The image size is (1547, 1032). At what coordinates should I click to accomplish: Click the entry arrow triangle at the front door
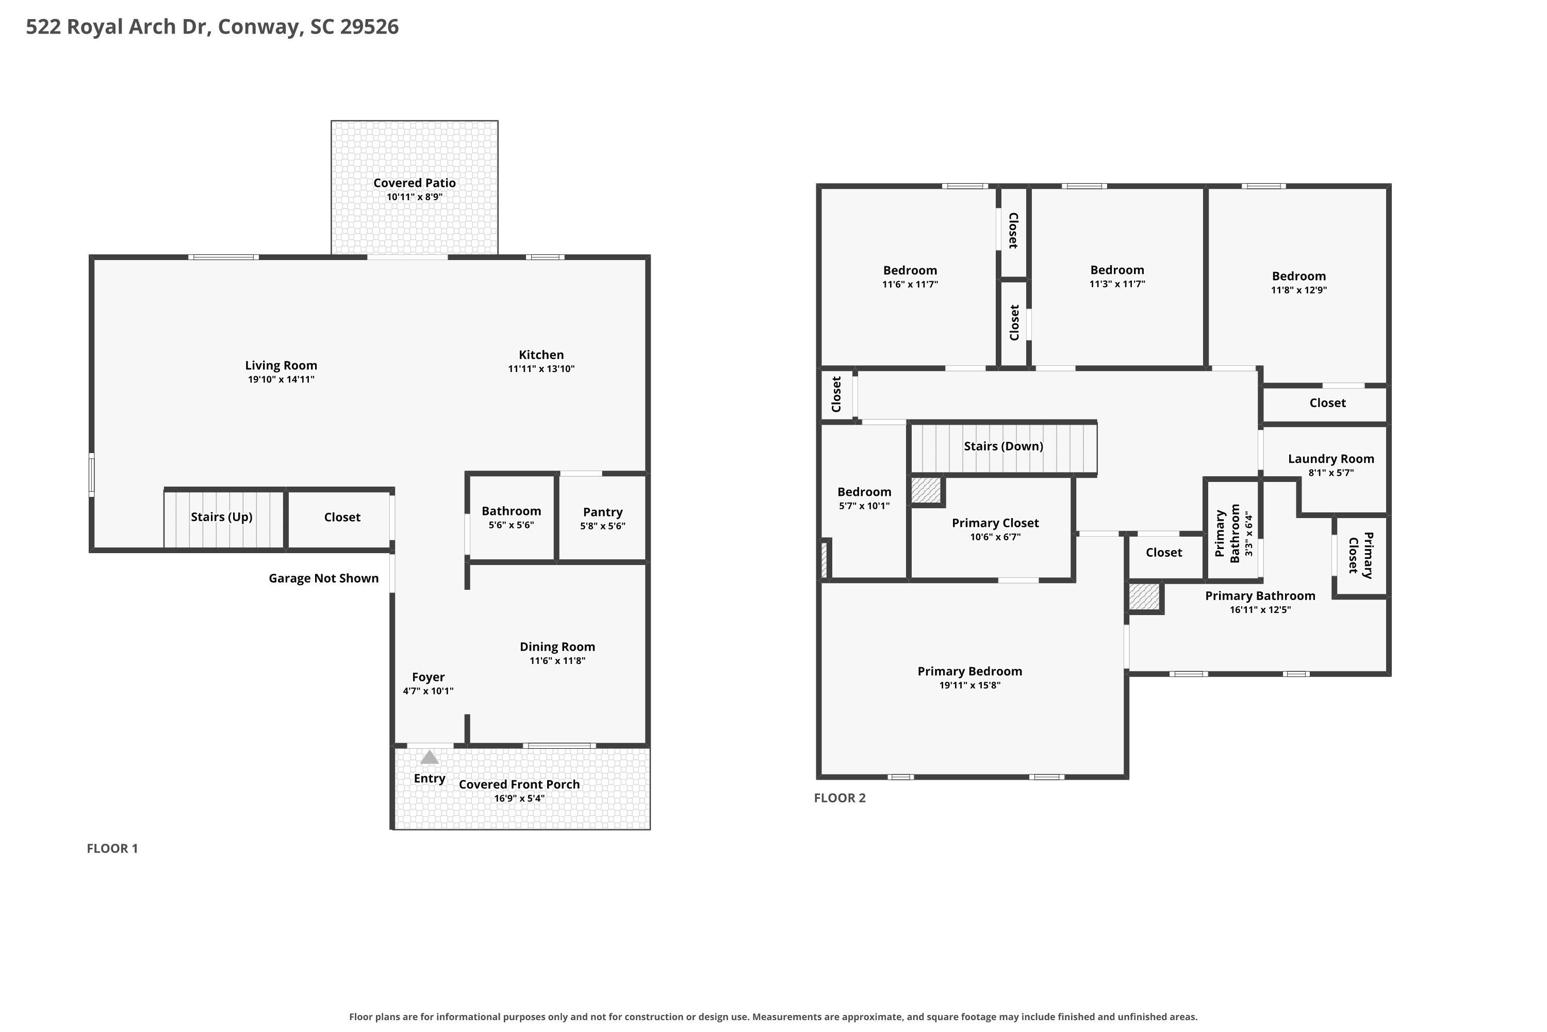tap(430, 757)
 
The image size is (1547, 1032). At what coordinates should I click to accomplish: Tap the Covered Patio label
tap(415, 183)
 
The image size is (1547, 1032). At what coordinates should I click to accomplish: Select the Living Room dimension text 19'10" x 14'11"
tap(281, 380)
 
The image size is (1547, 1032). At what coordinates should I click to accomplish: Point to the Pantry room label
tap(602, 512)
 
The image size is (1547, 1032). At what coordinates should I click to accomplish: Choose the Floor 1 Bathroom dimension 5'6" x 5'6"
tap(511, 525)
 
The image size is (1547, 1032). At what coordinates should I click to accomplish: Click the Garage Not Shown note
tap(324, 578)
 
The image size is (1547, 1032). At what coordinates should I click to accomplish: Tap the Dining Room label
tap(557, 647)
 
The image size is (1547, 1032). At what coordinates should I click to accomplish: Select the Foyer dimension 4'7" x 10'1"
tap(428, 691)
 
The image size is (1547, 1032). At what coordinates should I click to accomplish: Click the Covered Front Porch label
tap(519, 784)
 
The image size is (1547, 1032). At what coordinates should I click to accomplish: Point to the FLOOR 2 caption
tap(840, 798)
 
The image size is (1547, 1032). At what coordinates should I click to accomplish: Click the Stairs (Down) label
tap(1003, 446)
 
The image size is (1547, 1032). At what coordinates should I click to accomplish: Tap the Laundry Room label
tap(1330, 459)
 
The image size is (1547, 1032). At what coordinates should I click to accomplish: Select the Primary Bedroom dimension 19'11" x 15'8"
tap(970, 685)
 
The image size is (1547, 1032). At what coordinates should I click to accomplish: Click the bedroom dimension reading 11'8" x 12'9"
tap(1299, 290)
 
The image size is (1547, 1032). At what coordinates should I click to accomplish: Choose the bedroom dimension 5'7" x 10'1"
tap(864, 506)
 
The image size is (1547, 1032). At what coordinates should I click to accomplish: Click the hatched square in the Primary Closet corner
tap(926, 491)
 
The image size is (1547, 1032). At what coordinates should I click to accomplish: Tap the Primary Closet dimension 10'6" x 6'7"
tap(995, 537)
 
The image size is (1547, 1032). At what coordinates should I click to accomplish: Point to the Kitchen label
tap(541, 355)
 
